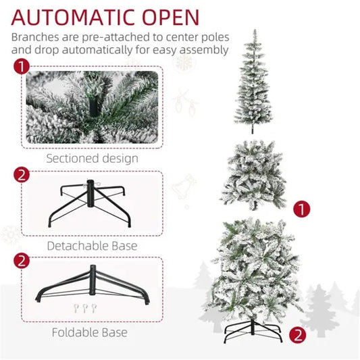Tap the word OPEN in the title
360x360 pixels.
tap(170, 16)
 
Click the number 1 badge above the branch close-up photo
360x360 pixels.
tap(22, 66)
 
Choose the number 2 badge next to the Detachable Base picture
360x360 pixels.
tap(22, 176)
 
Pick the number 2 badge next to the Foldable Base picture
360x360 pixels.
tap(22, 260)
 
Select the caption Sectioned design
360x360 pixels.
tap(92, 159)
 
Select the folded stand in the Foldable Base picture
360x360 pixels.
tap(91, 284)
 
